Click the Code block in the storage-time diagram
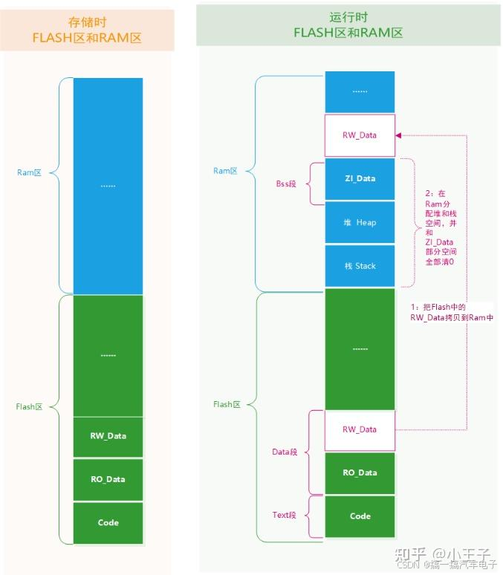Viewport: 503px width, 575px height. (108, 523)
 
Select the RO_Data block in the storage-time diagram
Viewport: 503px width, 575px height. (108, 479)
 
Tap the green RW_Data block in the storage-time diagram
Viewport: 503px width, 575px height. (108, 436)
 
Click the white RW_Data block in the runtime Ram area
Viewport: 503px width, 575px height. (360, 135)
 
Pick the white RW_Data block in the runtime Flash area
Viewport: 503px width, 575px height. (360, 429)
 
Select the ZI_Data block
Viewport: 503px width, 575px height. (360, 178)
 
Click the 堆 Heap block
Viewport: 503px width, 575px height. (360, 222)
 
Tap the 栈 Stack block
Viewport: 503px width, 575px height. (360, 266)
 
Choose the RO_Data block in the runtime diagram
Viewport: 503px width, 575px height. (360, 472)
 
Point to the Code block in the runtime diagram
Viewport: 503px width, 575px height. (360, 516)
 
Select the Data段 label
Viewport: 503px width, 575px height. (285, 452)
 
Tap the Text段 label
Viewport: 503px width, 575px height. (285, 516)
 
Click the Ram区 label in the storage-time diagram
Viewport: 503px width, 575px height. (29, 172)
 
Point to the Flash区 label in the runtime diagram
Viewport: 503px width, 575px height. (227, 405)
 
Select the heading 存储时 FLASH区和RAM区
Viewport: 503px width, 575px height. (88, 30)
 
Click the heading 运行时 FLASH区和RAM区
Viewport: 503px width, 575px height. (348, 25)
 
